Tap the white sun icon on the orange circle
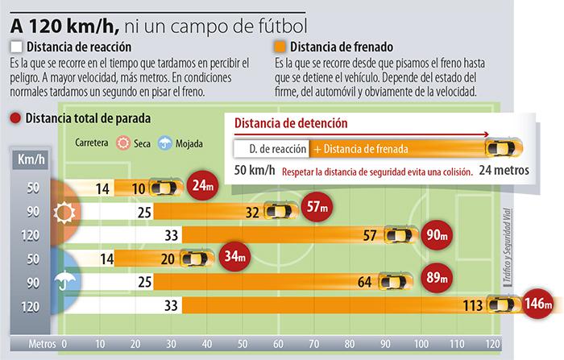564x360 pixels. [64, 212]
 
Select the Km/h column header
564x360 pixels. [31, 159]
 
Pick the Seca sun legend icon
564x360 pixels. [123, 143]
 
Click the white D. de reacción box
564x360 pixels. [270, 149]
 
